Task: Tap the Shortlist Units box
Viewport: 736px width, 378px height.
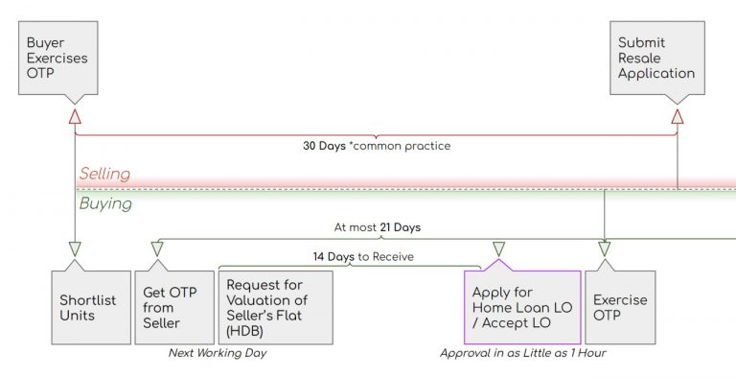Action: click(x=88, y=307)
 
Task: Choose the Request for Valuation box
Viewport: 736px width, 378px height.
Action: click(x=276, y=307)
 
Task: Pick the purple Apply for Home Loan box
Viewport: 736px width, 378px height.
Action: click(x=521, y=307)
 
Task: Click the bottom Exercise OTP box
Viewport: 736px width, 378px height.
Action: click(x=619, y=307)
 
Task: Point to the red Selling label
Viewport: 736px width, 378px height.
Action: click(x=104, y=175)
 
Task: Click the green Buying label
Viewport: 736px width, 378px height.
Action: click(x=105, y=203)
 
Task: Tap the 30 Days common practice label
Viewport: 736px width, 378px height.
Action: click(x=376, y=146)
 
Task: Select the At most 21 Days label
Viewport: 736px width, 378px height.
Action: click(x=377, y=228)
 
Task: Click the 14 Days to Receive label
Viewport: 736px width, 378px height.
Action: click(x=350, y=257)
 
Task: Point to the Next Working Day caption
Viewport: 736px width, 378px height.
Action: click(x=217, y=353)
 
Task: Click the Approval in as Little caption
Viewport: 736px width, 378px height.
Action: click(x=522, y=353)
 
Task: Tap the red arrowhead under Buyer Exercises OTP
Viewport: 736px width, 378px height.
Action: click(x=75, y=116)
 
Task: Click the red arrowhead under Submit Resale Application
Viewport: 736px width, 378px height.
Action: click(x=677, y=116)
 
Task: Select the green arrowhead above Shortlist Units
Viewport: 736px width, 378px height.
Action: click(x=75, y=248)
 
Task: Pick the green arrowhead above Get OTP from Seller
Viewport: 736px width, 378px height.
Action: click(x=157, y=248)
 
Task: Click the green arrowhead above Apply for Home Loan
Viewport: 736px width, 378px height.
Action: click(x=497, y=248)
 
